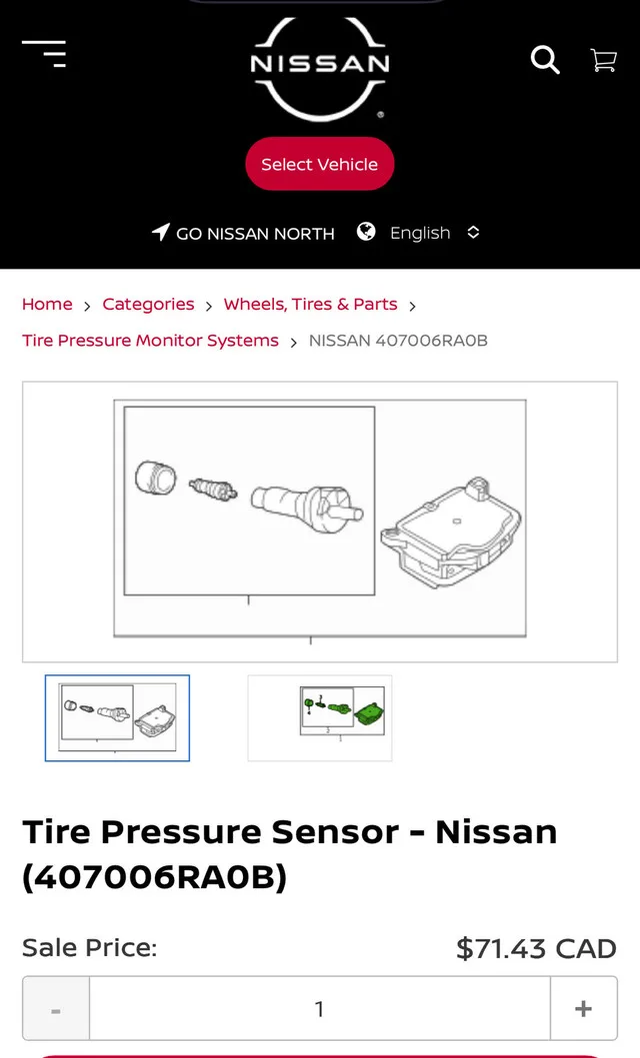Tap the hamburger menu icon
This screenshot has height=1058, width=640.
click(x=44, y=53)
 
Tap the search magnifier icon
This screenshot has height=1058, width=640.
click(x=545, y=60)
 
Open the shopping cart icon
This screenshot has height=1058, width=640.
click(x=603, y=60)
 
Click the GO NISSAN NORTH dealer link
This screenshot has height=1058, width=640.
click(x=244, y=233)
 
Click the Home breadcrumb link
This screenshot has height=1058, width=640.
click(x=47, y=305)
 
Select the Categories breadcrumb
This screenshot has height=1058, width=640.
click(x=148, y=305)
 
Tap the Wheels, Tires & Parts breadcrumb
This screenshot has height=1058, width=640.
click(x=310, y=305)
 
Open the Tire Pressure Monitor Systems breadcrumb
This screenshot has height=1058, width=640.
click(x=150, y=341)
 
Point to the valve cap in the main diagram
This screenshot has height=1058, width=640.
click(x=156, y=479)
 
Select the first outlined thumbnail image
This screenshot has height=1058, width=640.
click(x=117, y=717)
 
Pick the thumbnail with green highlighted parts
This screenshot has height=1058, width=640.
click(x=320, y=717)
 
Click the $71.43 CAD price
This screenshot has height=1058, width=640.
click(x=536, y=948)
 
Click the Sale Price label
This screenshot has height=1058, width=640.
click(x=90, y=947)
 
